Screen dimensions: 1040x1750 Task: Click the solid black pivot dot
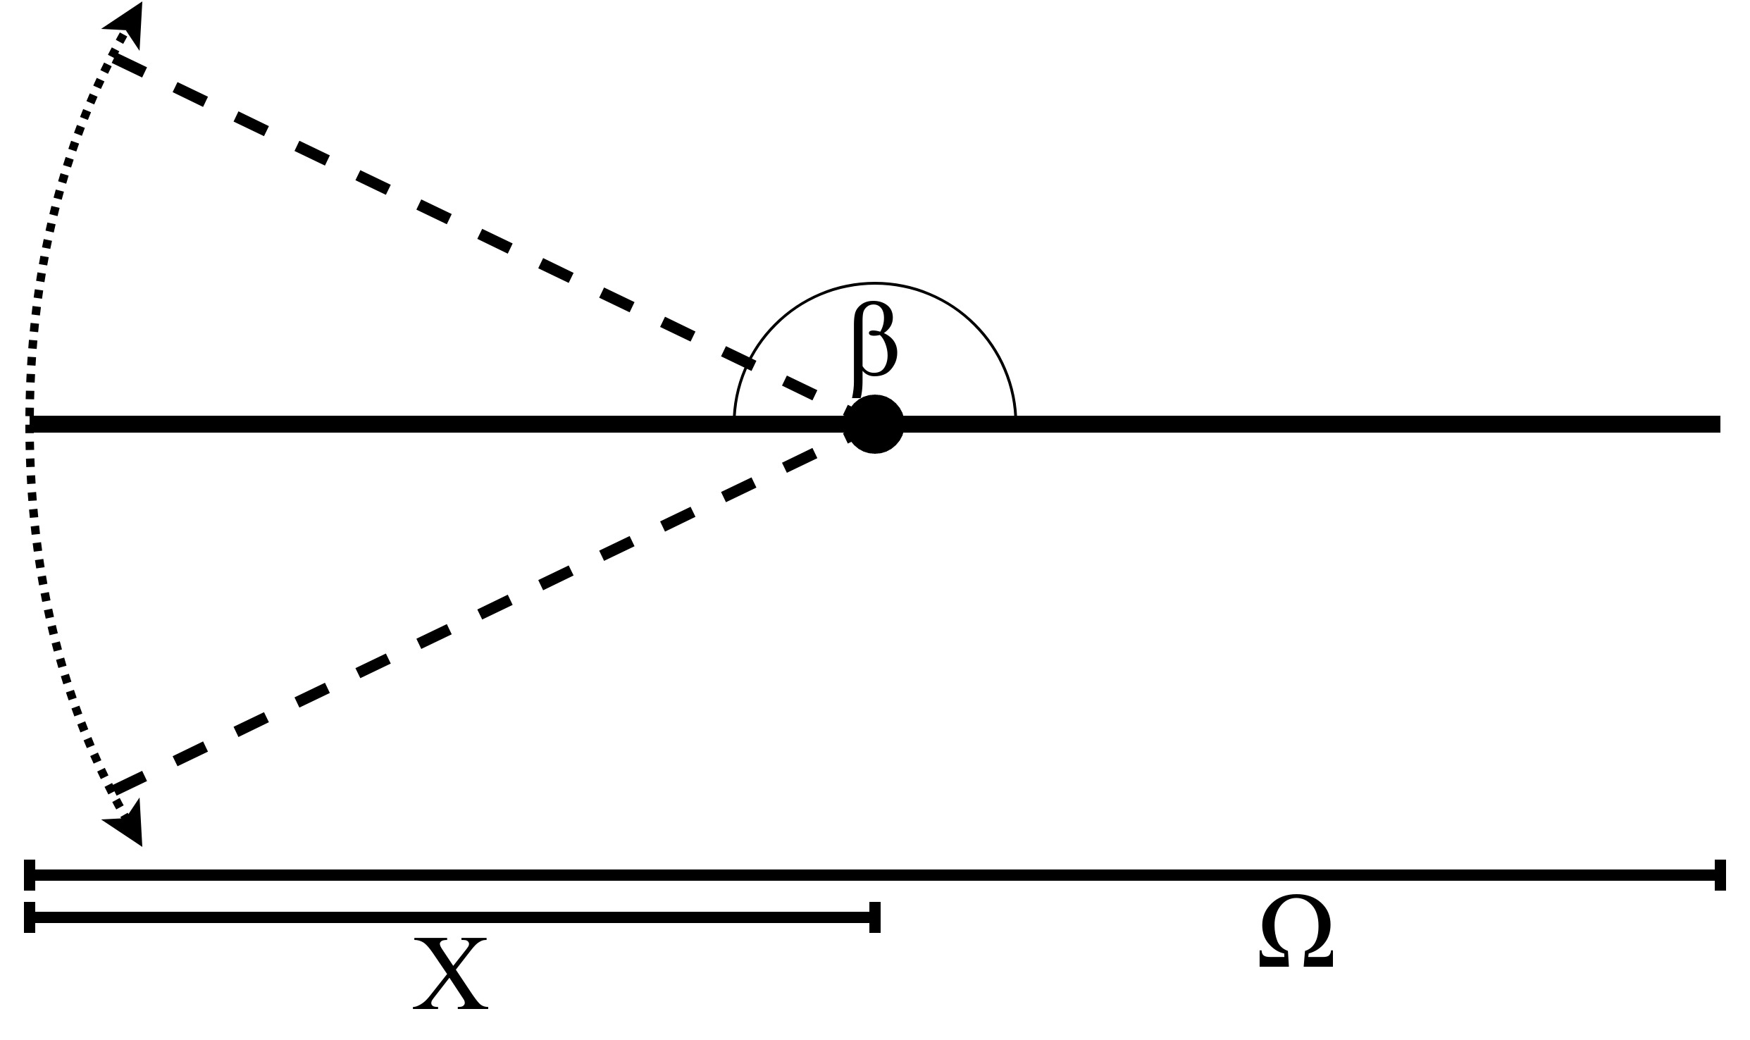875,423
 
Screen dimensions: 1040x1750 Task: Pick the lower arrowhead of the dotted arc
128,822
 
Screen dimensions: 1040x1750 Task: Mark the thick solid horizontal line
1268,423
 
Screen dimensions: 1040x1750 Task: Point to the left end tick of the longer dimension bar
30,875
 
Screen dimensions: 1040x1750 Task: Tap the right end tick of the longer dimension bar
1720,875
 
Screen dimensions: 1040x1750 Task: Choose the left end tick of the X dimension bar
30,917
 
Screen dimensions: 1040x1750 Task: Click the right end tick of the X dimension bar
875,917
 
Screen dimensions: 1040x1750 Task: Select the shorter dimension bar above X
451,917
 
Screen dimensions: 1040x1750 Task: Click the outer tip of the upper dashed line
117,60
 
